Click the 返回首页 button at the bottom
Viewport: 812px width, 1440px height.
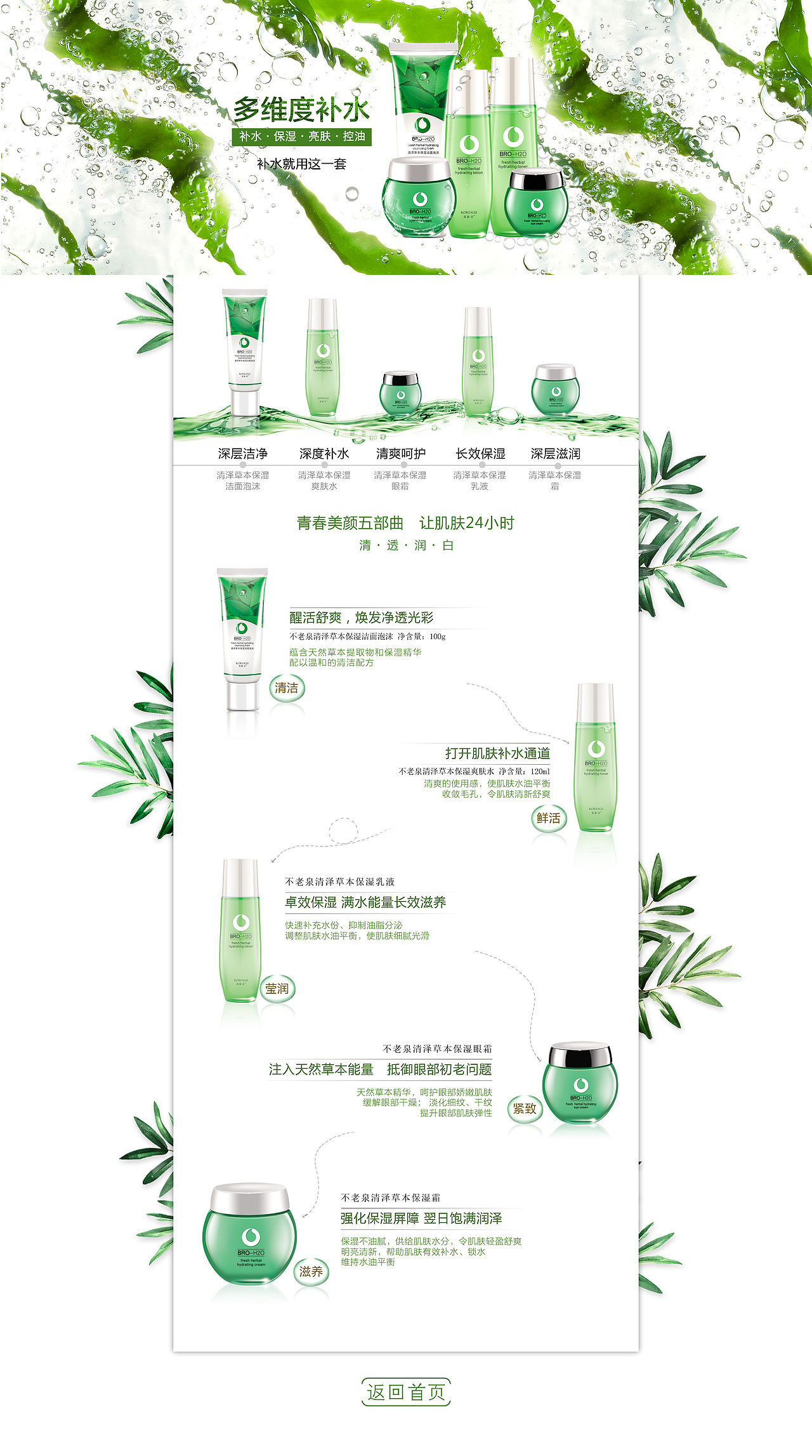pyautogui.click(x=406, y=1392)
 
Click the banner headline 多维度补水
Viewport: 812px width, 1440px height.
pyautogui.click(x=301, y=110)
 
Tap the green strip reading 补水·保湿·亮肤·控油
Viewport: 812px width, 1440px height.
pyautogui.click(x=301, y=136)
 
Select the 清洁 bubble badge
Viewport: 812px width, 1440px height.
pyautogui.click(x=287, y=688)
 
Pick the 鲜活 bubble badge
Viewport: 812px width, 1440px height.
pyautogui.click(x=549, y=818)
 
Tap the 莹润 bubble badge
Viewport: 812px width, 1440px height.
pyautogui.click(x=277, y=989)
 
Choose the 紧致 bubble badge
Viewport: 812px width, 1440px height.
pyautogui.click(x=525, y=1109)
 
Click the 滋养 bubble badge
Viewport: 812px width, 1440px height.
pyautogui.click(x=311, y=1272)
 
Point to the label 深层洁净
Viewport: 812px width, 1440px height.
pyautogui.click(x=242, y=454)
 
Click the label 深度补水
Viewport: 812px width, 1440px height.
pyautogui.click(x=324, y=454)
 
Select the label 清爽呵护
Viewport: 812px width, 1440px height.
pyautogui.click(x=400, y=454)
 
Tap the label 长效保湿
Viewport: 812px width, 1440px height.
pyautogui.click(x=480, y=454)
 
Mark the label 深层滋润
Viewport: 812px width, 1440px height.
pyautogui.click(x=555, y=454)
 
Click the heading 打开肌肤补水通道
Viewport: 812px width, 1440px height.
pyautogui.click(x=497, y=753)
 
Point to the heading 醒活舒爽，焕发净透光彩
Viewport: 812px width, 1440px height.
pyautogui.click(x=362, y=618)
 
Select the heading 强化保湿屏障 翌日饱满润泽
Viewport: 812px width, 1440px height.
pyautogui.click(x=421, y=1219)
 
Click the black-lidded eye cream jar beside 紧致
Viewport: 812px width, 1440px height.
pyautogui.click(x=579, y=1082)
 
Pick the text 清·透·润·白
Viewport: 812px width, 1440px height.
pyautogui.click(x=406, y=545)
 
